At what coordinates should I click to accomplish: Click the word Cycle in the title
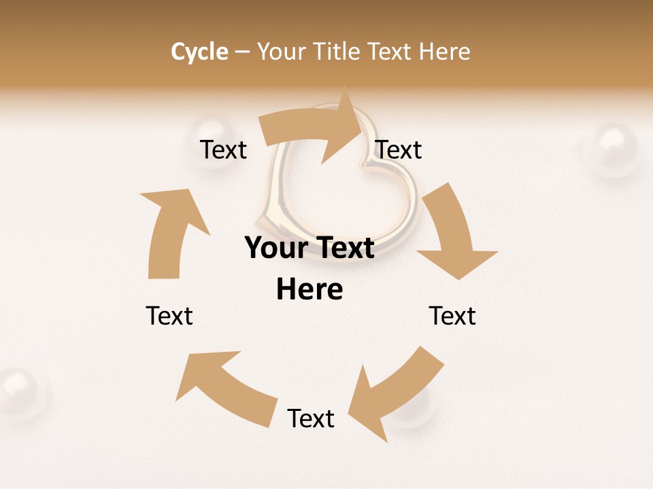(x=199, y=52)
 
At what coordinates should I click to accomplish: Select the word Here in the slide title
(x=445, y=52)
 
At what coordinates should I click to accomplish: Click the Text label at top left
(x=223, y=149)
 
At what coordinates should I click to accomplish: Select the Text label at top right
(x=399, y=149)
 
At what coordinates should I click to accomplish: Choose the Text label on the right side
(x=452, y=316)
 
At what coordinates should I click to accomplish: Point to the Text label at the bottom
(x=311, y=418)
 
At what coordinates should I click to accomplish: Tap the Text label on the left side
(x=169, y=316)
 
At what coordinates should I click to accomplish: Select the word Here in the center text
(x=309, y=290)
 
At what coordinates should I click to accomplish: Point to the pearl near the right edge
(x=614, y=149)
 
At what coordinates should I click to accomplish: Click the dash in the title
(x=242, y=52)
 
